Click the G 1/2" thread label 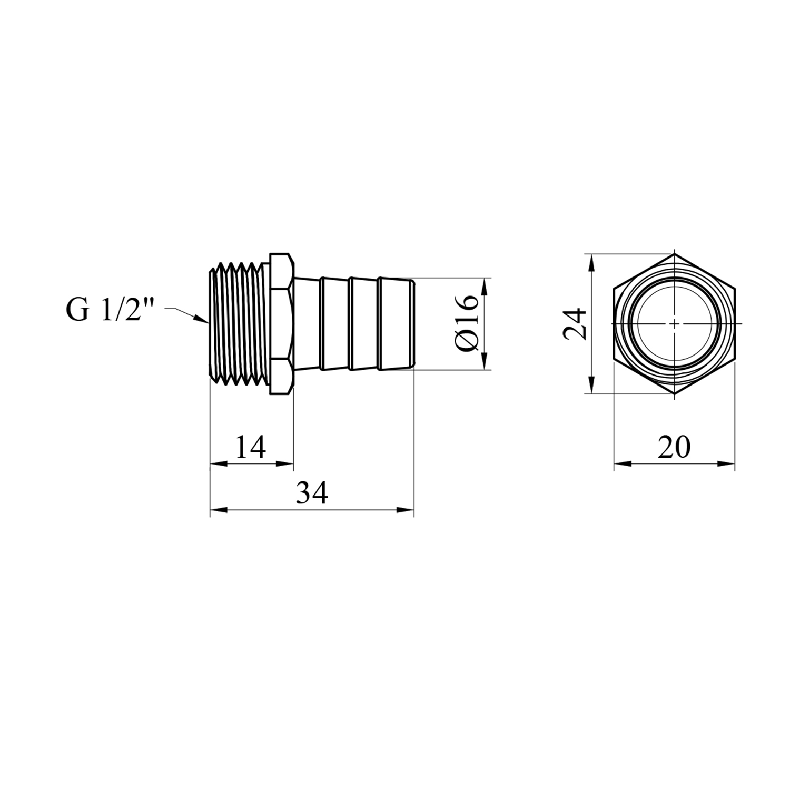110,311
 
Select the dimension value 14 250,447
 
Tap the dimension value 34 311,493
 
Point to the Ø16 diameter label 466,323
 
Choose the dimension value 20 673,447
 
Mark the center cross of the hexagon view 675,323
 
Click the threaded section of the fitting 240,323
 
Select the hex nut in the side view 282,323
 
